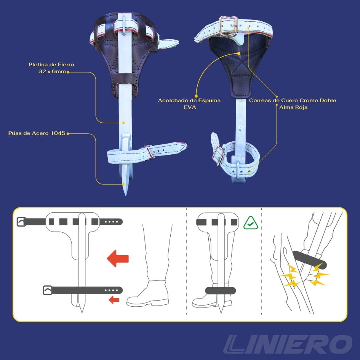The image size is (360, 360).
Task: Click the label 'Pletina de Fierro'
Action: click(51, 64)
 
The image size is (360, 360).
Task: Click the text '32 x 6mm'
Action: click(52, 71)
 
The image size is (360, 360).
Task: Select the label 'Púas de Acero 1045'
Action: click(37, 133)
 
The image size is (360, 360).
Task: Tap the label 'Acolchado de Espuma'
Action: click(189, 100)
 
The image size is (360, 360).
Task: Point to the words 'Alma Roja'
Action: click(293, 107)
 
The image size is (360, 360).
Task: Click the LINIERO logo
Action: click(288, 344)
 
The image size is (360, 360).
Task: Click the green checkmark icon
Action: click(251, 223)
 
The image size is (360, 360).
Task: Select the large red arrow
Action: click(118, 259)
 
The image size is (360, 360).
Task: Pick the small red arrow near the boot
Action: click(114, 299)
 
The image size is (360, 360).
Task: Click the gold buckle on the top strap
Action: click(228, 26)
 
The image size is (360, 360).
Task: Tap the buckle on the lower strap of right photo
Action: click(218, 155)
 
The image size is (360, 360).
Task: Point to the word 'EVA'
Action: click(190, 107)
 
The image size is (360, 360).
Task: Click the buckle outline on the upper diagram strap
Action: click(21, 222)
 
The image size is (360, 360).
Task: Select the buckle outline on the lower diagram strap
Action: click(48, 290)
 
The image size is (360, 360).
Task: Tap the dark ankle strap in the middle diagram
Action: click(221, 291)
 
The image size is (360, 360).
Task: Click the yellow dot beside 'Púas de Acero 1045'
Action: click(68, 133)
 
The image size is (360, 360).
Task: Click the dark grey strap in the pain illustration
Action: click(309, 260)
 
